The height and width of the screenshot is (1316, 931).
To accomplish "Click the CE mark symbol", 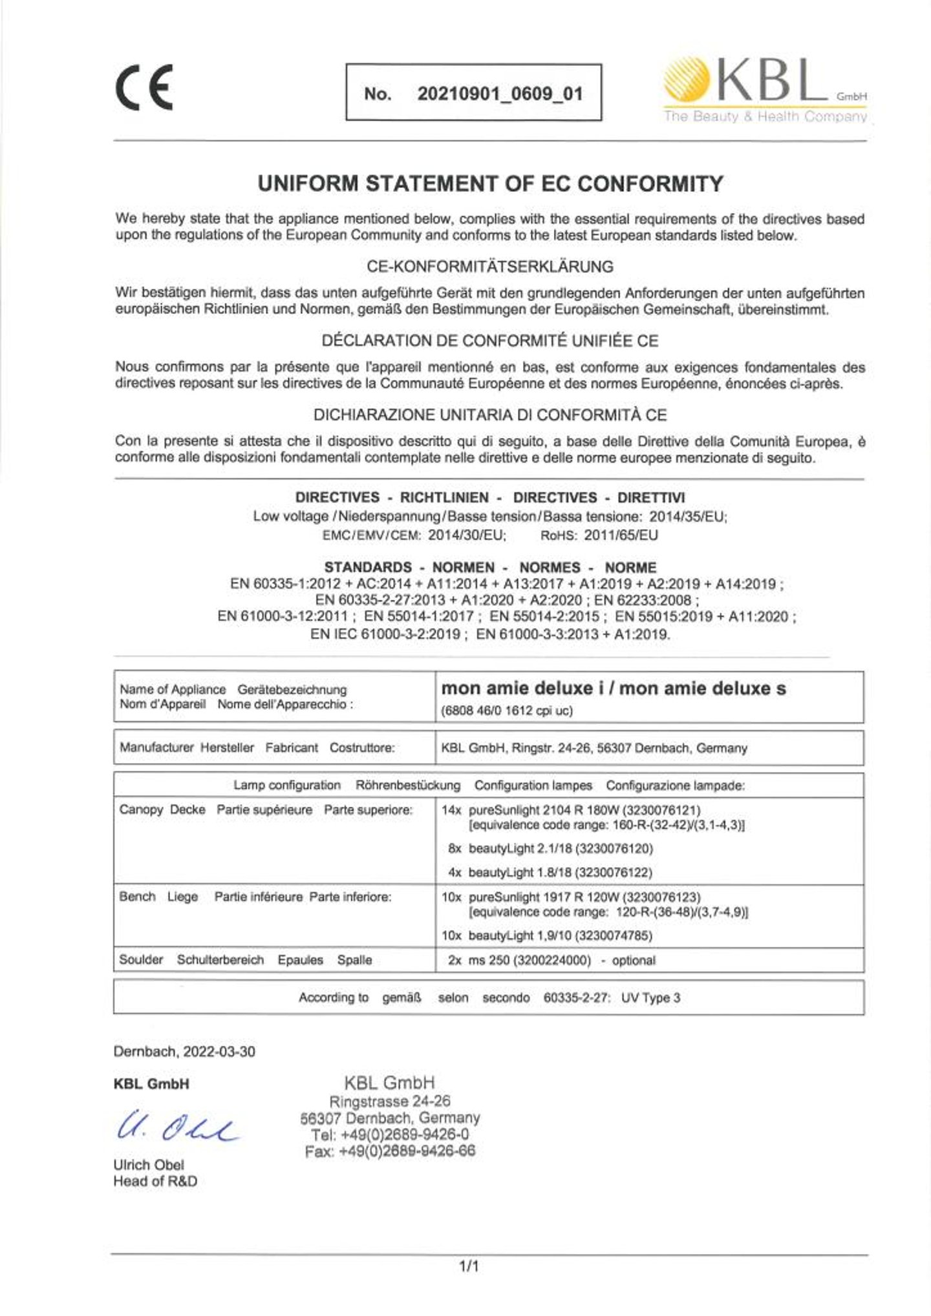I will (144, 90).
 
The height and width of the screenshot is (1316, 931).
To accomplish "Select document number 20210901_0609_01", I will (500, 94).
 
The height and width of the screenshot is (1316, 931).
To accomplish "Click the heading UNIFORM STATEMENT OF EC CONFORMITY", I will (490, 184).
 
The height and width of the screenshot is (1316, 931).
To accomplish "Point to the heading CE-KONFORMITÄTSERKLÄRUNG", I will (490, 266).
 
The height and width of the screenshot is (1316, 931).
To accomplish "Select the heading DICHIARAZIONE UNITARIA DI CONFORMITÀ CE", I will (490, 415).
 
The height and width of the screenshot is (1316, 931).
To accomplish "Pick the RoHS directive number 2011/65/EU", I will (621, 535).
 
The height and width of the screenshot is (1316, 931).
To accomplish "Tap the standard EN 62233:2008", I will (643, 600).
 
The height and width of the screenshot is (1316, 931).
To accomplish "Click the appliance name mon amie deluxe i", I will (523, 689).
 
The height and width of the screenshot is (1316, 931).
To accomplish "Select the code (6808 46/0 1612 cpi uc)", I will (507, 711).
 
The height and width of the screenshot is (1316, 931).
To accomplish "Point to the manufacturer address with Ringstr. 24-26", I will (594, 748).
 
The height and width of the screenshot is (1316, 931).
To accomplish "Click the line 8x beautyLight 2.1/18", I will (550, 848).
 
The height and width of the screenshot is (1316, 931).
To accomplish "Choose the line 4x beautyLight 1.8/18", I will (550, 872).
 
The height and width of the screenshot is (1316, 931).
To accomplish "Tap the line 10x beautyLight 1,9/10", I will (547, 935).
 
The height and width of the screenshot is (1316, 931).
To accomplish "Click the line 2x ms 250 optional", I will (551, 960).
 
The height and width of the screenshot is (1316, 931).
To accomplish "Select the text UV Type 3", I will (650, 997).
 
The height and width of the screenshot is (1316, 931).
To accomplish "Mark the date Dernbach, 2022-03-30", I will (184, 1051).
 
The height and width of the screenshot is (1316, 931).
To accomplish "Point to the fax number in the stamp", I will (391, 1151).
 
